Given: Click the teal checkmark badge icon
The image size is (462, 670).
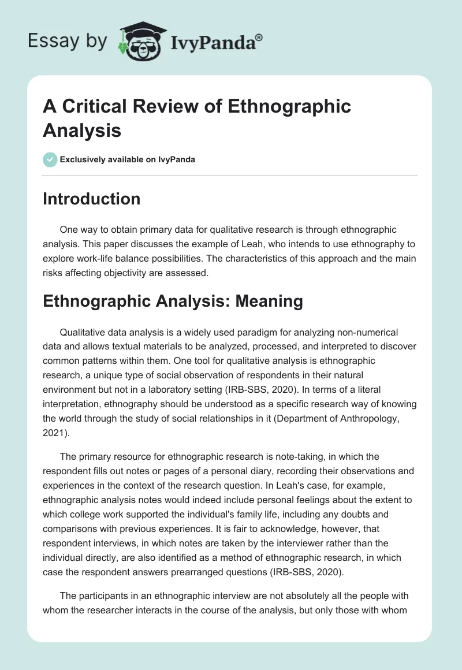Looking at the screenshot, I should tap(50, 159).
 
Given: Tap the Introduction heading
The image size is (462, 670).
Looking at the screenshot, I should tap(91, 199).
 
